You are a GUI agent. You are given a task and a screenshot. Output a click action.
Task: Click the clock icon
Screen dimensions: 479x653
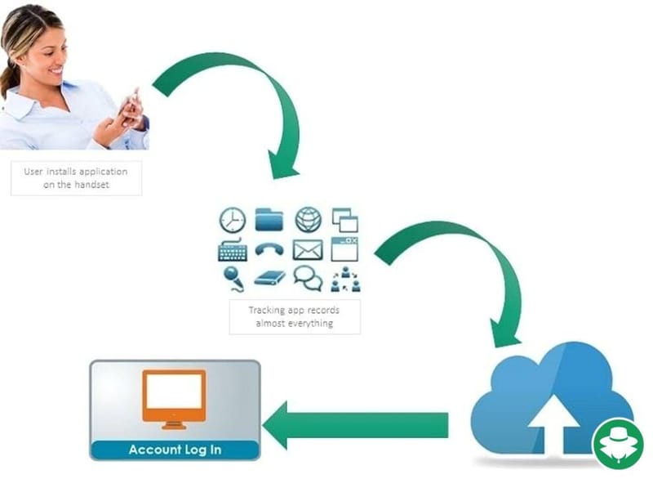[233, 220]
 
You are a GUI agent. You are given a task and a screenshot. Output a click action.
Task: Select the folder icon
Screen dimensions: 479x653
[269, 219]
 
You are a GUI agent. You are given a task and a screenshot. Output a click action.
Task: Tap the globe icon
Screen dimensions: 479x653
[308, 219]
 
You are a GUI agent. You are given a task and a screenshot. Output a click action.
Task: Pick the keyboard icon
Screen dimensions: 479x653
[233, 250]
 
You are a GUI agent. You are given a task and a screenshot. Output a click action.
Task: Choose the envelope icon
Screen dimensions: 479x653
[308, 249]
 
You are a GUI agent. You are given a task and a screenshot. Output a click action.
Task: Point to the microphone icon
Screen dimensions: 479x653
[233, 278]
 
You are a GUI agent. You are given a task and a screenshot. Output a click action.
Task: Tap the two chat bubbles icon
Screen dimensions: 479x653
[308, 278]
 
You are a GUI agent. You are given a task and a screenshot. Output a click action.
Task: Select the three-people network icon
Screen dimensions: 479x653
[345, 279]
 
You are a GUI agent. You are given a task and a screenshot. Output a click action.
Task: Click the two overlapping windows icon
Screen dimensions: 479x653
[345, 220]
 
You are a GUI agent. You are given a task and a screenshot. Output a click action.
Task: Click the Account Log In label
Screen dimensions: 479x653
[175, 450]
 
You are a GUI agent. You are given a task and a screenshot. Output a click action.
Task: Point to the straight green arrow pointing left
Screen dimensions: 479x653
[356, 425]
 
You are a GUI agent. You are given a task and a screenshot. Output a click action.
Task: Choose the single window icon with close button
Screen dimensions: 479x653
[345, 248]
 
